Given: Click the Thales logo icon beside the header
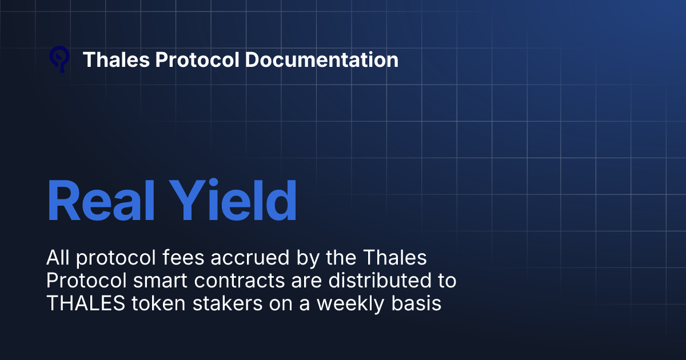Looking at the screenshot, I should [59, 59].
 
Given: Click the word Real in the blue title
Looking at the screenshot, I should [94, 201].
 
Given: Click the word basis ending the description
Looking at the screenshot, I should [420, 303].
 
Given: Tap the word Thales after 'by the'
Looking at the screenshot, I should [397, 258].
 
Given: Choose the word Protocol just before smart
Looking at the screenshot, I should [79, 281].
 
